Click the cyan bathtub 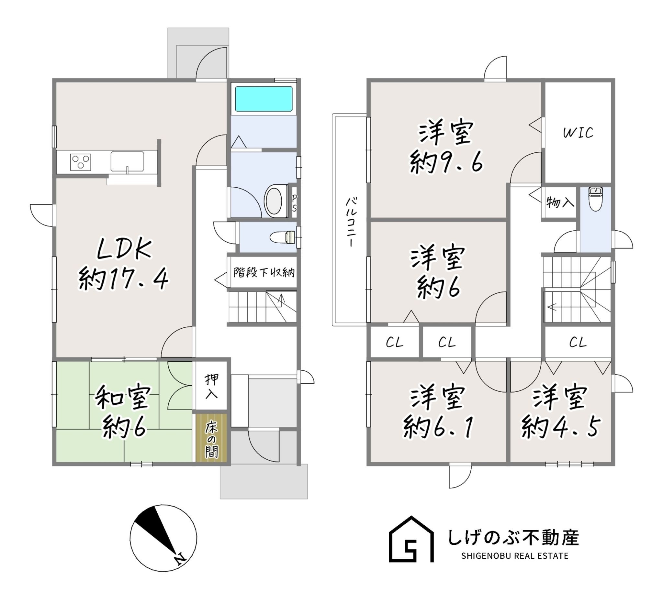tap(263, 99)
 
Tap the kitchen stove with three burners tap(80, 162)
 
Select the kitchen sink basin tap(127, 161)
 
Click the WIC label tap(578, 133)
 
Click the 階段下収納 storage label tap(264, 273)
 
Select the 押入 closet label tap(211, 386)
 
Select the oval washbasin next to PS tap(275, 201)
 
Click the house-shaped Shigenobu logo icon tap(411, 540)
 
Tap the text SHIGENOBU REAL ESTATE tap(515, 556)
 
